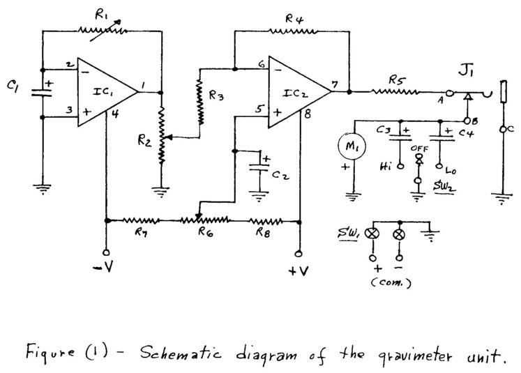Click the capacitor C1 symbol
(x=43, y=93)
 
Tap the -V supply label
(x=105, y=269)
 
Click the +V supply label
(x=299, y=271)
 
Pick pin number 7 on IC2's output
(x=335, y=84)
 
